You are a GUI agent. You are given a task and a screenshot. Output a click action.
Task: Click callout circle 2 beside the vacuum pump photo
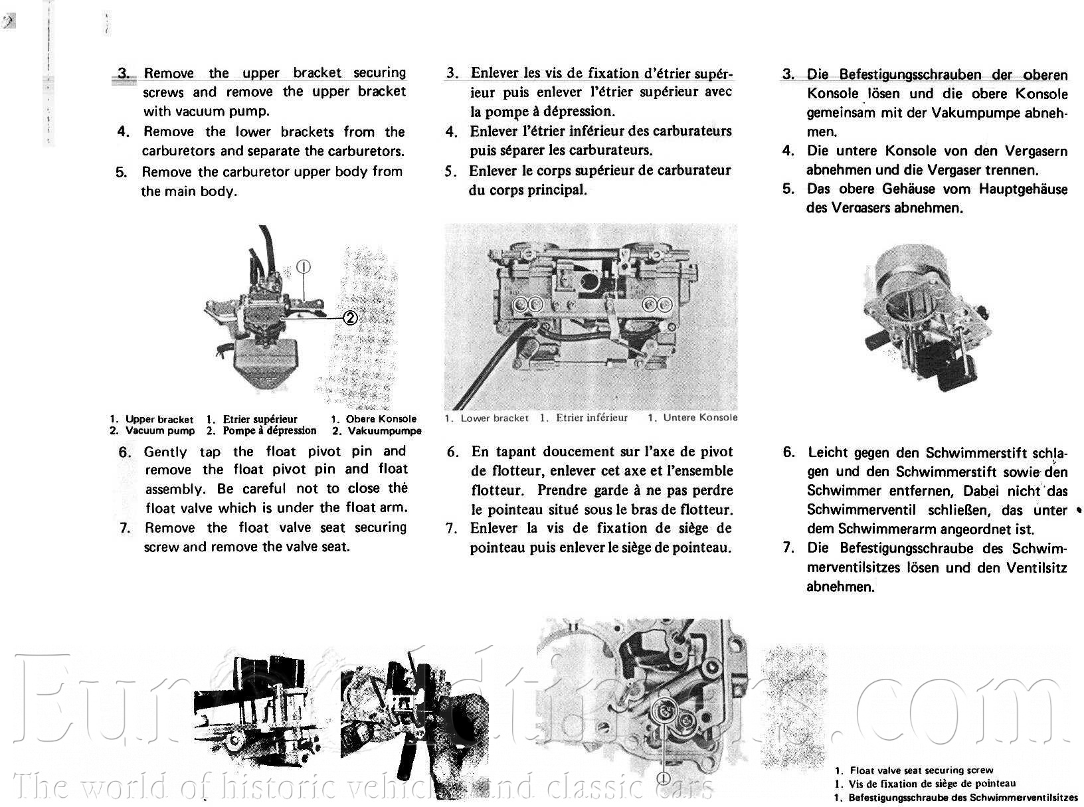[351, 318]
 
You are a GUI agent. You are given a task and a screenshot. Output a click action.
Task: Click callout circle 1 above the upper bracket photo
[304, 267]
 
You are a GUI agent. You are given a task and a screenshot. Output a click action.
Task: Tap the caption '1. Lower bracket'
[487, 418]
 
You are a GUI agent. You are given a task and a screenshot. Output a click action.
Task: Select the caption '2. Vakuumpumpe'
[377, 431]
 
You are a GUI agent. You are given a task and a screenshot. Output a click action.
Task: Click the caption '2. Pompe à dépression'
[262, 430]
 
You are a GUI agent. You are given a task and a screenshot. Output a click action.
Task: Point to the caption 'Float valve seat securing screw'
[922, 770]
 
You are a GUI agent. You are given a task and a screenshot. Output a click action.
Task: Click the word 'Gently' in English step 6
[165, 452]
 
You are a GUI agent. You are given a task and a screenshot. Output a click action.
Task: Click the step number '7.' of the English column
[125, 529]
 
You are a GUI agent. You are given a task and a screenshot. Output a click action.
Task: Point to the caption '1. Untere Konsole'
[693, 418]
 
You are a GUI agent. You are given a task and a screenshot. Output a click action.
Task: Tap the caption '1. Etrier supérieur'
[252, 419]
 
